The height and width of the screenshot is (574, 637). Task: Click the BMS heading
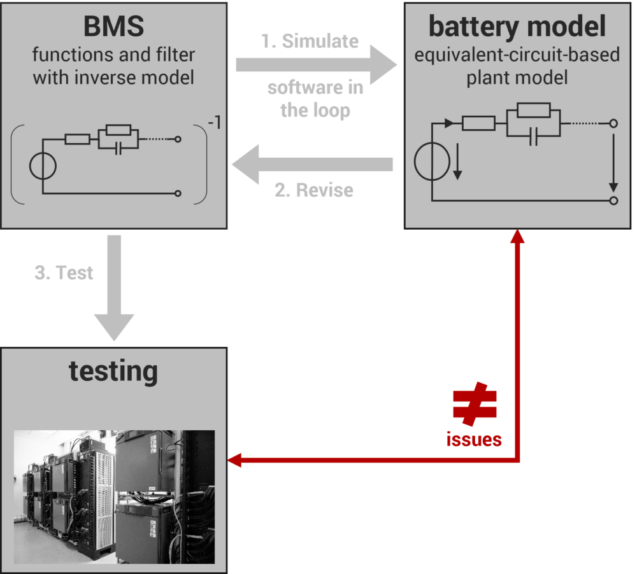click(114, 27)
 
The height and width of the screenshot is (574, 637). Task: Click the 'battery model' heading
click(517, 27)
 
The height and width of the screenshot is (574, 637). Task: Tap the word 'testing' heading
click(113, 370)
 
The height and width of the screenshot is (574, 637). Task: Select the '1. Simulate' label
click(310, 41)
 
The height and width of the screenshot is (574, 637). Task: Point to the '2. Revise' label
click(313, 190)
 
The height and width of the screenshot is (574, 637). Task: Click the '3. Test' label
click(64, 273)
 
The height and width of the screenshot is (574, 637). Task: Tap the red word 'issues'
click(473, 439)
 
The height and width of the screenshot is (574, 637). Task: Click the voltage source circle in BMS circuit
click(43, 167)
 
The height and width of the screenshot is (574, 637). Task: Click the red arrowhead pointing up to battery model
click(518, 237)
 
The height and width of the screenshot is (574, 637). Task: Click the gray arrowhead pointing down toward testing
click(114, 328)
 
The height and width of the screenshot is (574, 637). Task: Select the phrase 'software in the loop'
click(315, 99)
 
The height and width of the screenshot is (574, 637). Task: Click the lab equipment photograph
click(114, 497)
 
